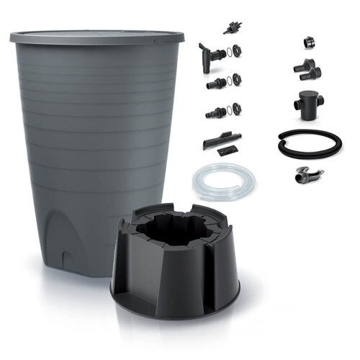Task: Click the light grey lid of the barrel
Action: (x=97, y=35)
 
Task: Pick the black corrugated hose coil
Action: (x=309, y=143)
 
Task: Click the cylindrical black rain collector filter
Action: (x=308, y=104)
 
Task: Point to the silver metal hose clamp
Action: (x=309, y=174)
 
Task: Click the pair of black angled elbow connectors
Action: (x=307, y=68)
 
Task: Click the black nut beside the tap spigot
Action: (x=237, y=51)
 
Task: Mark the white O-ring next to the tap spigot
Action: (x=228, y=52)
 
